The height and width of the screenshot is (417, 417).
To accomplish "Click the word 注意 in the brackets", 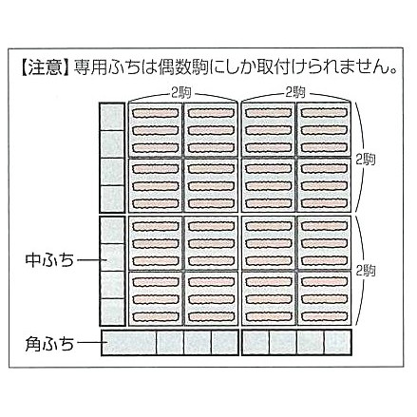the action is click(x=46, y=66).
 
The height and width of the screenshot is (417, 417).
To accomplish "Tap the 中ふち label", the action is click(x=49, y=260).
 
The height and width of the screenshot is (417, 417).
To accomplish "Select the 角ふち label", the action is click(x=49, y=343).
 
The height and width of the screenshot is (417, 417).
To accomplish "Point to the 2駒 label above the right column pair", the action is click(x=295, y=93).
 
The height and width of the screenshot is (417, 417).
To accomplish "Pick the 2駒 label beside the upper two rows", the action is click(x=366, y=159).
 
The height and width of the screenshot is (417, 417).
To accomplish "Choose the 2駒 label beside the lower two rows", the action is click(x=366, y=271).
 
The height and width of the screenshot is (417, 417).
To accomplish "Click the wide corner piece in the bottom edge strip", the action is click(x=129, y=343).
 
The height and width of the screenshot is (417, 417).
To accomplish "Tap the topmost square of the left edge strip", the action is click(x=112, y=117).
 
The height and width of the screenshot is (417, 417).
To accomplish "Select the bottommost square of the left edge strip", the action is click(x=112, y=312).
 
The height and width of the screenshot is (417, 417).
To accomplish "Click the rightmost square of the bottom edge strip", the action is click(x=337, y=343).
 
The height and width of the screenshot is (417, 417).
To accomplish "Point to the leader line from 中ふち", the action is click(x=92, y=260).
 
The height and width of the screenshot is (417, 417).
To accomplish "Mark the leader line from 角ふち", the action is click(x=92, y=342).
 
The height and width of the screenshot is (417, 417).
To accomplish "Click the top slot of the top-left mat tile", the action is click(x=155, y=113).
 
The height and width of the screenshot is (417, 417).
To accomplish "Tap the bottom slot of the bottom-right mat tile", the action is click(x=323, y=315).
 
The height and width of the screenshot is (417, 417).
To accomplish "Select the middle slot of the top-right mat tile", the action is click(x=323, y=130).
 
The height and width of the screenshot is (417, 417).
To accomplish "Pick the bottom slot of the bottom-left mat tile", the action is click(x=155, y=315).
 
